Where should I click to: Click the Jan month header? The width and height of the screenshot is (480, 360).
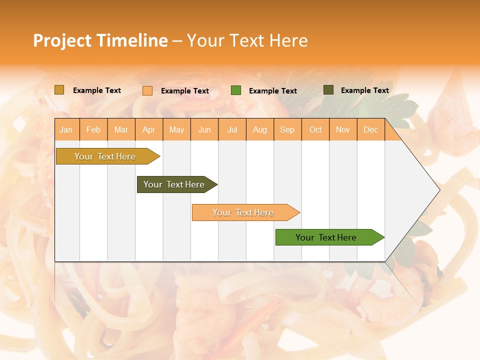[x=66, y=129]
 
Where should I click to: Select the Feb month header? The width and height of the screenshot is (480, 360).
[x=93, y=129]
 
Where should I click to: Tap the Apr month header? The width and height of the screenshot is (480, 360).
[x=148, y=129]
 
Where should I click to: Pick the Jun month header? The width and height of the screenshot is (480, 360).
[x=204, y=129]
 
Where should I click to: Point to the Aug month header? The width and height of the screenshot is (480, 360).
[x=259, y=129]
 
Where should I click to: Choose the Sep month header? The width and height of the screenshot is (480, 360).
[x=287, y=129]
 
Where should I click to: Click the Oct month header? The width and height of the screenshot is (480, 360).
[x=315, y=129]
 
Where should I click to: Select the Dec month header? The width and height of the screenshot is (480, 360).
[x=370, y=129]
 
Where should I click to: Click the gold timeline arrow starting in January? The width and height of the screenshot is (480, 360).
[x=105, y=156]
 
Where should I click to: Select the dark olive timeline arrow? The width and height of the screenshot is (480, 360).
[x=174, y=184]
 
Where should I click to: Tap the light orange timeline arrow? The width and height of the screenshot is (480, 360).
[x=243, y=212]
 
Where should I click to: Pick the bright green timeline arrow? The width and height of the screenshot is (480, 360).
[x=326, y=237]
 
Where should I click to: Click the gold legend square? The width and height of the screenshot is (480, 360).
[x=59, y=90]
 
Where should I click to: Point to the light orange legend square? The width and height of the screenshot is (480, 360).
[x=147, y=90]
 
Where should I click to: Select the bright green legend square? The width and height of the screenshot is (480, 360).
[x=236, y=90]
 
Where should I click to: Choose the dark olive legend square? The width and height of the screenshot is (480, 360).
[x=328, y=90]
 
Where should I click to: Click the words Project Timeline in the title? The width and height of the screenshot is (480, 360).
[x=100, y=40]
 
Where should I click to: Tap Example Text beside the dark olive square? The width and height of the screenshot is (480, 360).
[x=364, y=90]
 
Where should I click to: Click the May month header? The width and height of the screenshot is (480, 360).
[x=176, y=129]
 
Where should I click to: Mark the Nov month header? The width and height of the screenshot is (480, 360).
[x=342, y=129]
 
